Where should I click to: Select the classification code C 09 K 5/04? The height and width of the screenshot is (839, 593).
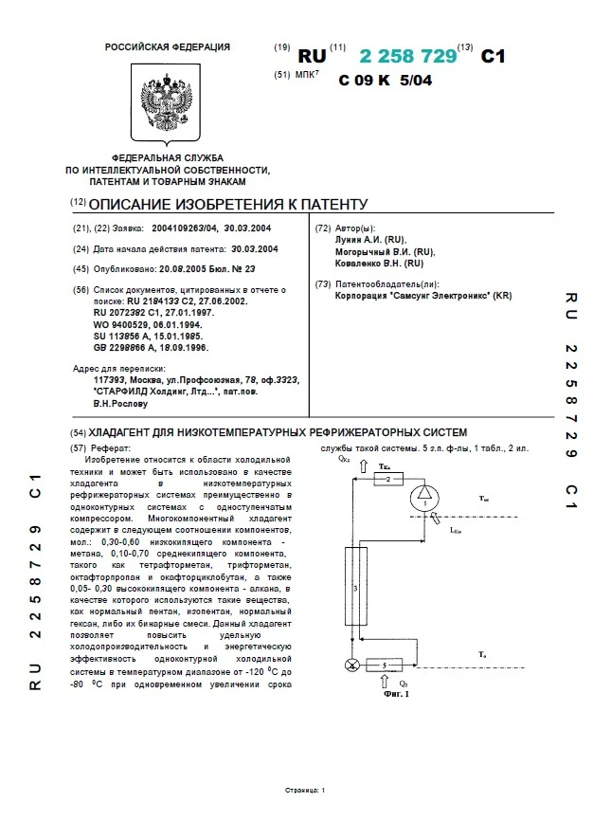[x=385, y=81]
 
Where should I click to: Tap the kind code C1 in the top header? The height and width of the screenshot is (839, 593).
[x=494, y=57]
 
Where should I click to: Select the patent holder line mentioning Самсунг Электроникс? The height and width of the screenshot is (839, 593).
[x=423, y=295]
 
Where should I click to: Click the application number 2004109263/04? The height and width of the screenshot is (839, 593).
[x=179, y=228]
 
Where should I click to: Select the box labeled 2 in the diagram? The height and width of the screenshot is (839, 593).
[x=388, y=481]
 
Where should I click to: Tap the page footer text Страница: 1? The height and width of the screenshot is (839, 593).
[x=304, y=790]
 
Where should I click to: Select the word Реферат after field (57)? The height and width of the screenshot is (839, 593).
[x=112, y=447]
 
